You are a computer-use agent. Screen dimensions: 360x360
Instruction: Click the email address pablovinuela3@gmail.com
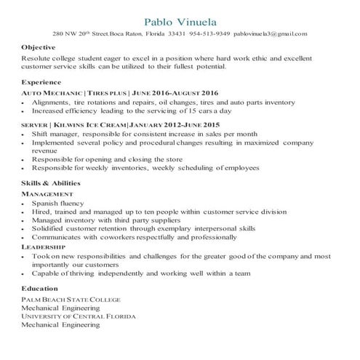click(272, 33)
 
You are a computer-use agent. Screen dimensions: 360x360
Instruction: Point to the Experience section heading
click(41, 81)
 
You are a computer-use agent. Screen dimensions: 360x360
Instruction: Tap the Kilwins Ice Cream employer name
click(92, 125)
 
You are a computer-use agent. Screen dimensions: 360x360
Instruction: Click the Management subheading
click(47, 194)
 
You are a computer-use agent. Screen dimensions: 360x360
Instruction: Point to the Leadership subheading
click(44, 247)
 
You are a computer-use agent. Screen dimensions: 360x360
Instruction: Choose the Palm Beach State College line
click(71, 299)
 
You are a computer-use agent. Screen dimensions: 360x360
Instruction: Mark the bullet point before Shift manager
click(25, 135)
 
